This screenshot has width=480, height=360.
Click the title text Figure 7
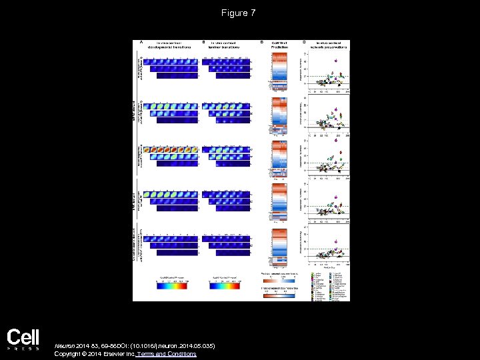pyautogui.click(x=240, y=13)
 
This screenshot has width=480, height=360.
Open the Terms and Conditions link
pyautogui.click(x=169, y=354)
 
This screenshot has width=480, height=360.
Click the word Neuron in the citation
pyautogui.click(x=65, y=345)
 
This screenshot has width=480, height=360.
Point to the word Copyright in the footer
pyautogui.click(x=67, y=354)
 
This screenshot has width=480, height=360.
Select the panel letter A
pyautogui.click(x=140, y=42)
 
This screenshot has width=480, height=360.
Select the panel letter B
pyautogui.click(x=203, y=42)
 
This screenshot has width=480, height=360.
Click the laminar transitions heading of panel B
pyautogui.click(x=228, y=45)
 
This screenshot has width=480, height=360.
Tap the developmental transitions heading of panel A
pyautogui.click(x=167, y=45)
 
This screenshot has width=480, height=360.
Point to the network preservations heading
pyautogui.click(x=331, y=45)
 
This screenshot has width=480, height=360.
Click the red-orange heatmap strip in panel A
pyautogui.click(x=169, y=149)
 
